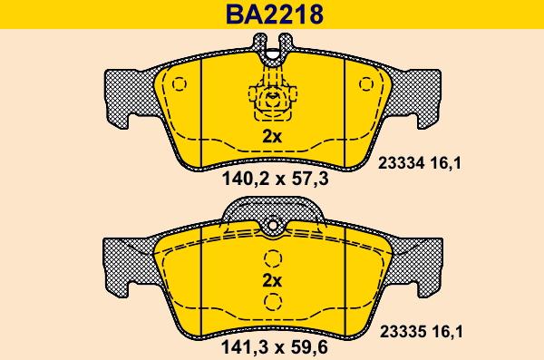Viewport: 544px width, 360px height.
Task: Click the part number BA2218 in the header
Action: [x=272, y=15]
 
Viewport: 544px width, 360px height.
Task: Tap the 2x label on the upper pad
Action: [x=272, y=138]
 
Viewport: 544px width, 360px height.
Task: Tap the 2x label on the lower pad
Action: [x=272, y=280]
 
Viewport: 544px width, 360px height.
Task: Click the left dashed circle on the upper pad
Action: [x=178, y=84]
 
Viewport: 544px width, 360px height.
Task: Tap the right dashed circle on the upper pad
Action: [x=366, y=84]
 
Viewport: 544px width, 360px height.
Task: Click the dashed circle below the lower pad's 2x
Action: [x=272, y=305]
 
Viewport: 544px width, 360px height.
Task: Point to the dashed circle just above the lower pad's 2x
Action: [x=272, y=257]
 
